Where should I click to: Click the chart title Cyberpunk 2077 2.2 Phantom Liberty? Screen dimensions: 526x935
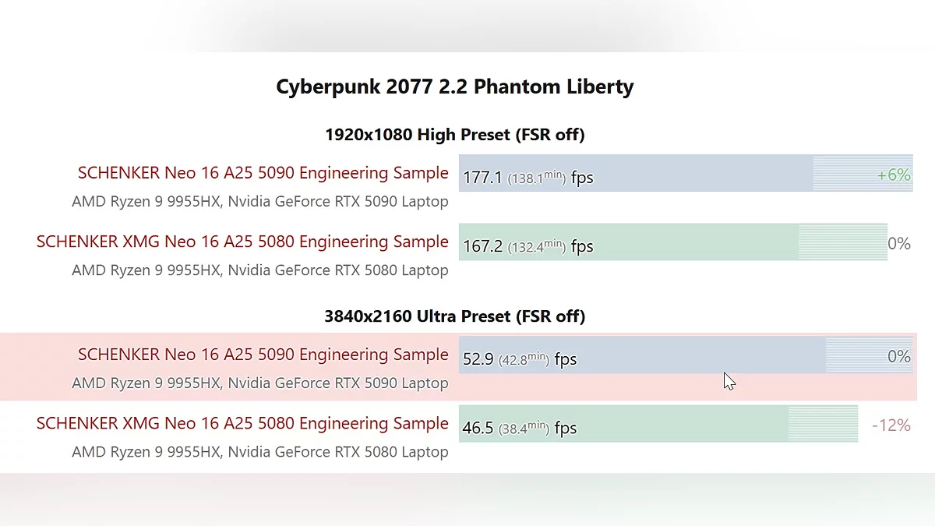tap(454, 86)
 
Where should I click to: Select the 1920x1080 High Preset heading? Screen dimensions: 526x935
tap(454, 135)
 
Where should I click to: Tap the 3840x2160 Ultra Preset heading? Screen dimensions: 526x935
tap(454, 316)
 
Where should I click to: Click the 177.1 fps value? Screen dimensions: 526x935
tap(482, 178)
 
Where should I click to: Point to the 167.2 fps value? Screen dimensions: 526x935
tap(482, 247)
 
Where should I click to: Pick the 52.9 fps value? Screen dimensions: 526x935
tap(478, 359)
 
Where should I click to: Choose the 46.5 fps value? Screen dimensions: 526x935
tap(478, 428)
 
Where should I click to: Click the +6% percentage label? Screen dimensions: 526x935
tap(893, 175)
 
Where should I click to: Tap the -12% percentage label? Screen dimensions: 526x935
tap(891, 425)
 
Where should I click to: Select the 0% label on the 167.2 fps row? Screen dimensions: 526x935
tap(898, 244)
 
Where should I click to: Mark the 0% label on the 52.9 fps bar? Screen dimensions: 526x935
tap(898, 357)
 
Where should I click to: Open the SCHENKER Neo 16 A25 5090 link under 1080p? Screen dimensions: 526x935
tap(263, 173)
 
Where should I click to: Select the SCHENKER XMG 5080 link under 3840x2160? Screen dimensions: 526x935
tap(242, 424)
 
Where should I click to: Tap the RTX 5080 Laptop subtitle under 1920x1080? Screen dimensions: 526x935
tap(259, 270)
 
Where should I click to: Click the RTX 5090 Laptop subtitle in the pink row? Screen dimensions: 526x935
tap(259, 383)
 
